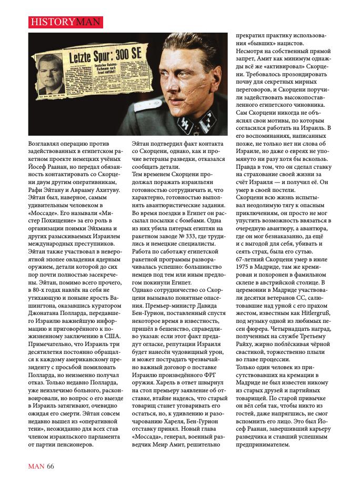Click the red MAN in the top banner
[89, 22]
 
